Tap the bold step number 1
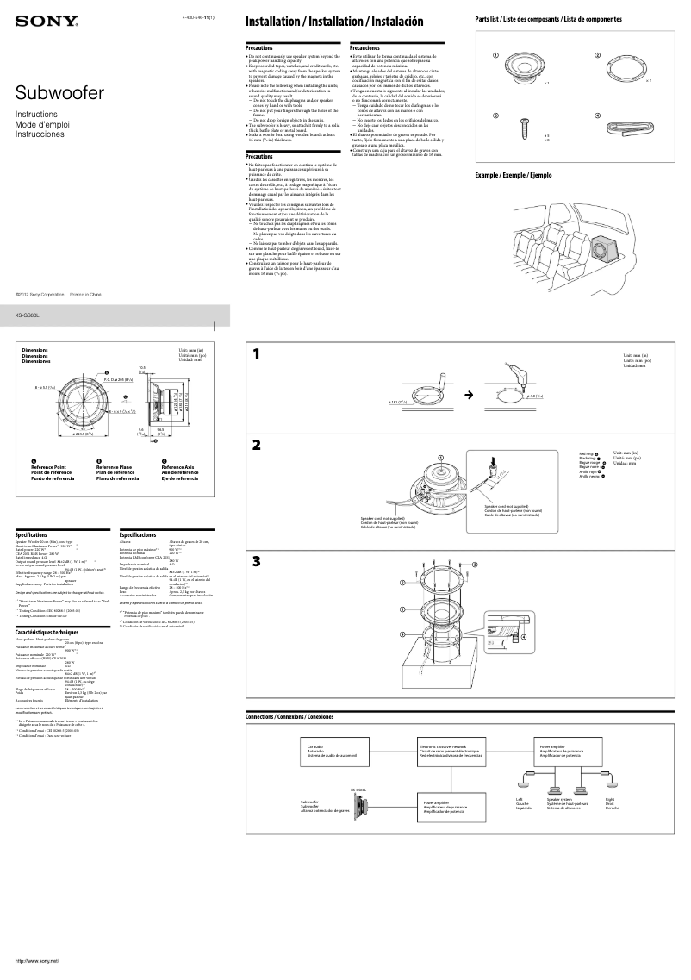[x=256, y=354]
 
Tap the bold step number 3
[x=256, y=562]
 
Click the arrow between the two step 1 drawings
[x=470, y=395]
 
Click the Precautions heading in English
[x=260, y=48]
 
